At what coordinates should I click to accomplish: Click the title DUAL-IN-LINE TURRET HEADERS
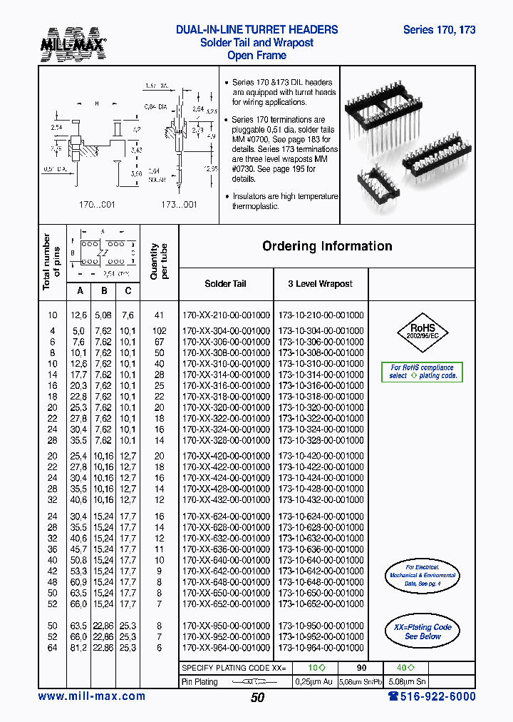pos(256,30)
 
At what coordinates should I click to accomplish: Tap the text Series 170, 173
pos(439,30)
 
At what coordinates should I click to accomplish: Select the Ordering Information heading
pos(327,246)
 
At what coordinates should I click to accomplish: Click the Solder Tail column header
pos(225,284)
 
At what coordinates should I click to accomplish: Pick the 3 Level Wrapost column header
pos(320,284)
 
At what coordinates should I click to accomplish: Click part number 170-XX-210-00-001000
pos(226,315)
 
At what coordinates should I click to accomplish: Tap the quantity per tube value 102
pos(159,331)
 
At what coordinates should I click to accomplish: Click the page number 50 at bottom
pos(257,698)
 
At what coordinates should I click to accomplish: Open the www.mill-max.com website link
pos(91,696)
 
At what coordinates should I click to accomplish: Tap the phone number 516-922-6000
pos(432,696)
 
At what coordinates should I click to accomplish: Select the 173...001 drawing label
pos(178,205)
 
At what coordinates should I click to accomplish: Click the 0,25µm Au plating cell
pos(314,681)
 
